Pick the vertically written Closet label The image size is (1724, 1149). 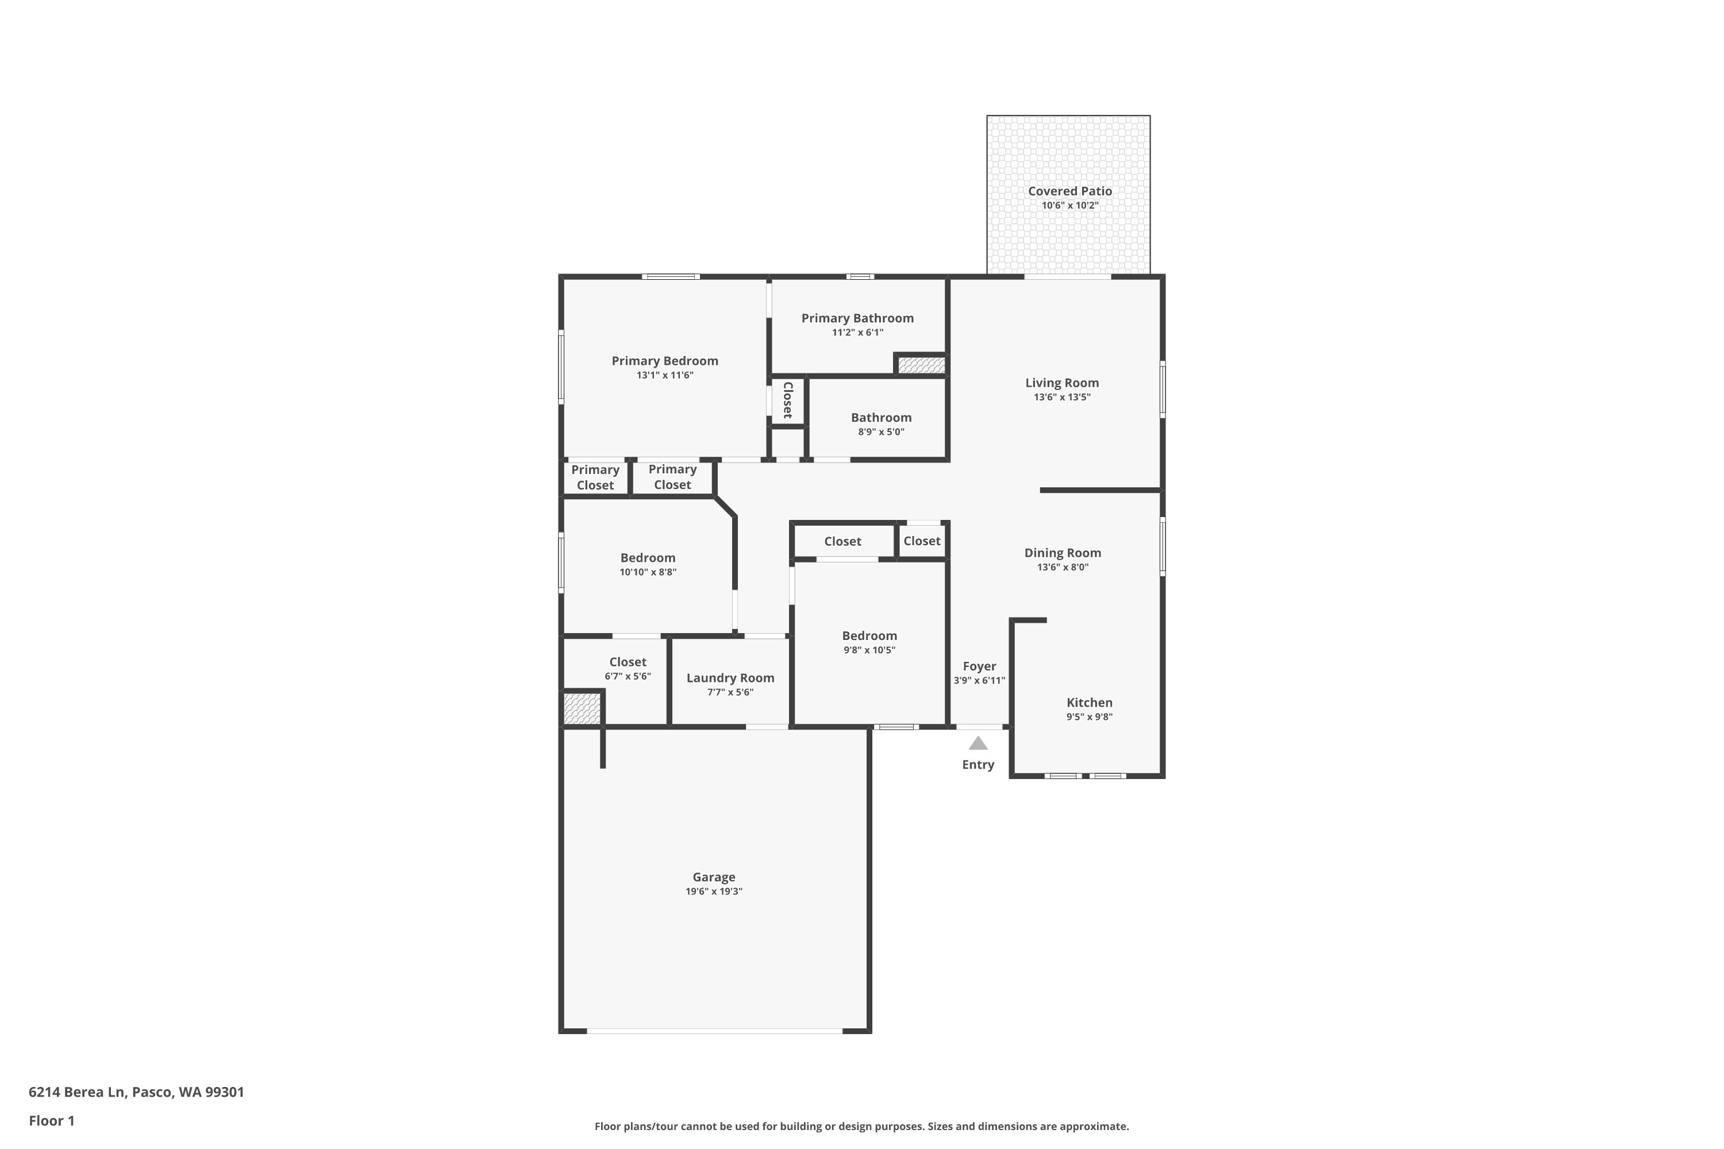(x=788, y=400)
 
